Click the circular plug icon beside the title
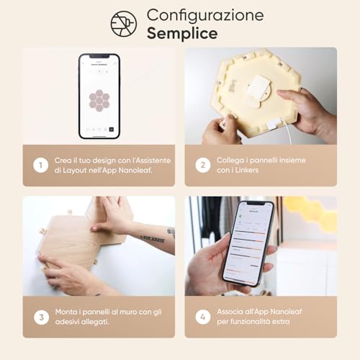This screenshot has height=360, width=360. (x=123, y=23)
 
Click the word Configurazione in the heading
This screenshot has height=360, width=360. (x=205, y=15)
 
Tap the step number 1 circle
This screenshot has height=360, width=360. (x=39, y=166)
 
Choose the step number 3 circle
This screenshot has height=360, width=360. (x=39, y=316)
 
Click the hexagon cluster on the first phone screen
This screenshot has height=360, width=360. (x=99, y=99)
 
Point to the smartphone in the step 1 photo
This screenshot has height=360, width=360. (x=99, y=95)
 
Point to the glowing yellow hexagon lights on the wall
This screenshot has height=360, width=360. (x=313, y=212)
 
